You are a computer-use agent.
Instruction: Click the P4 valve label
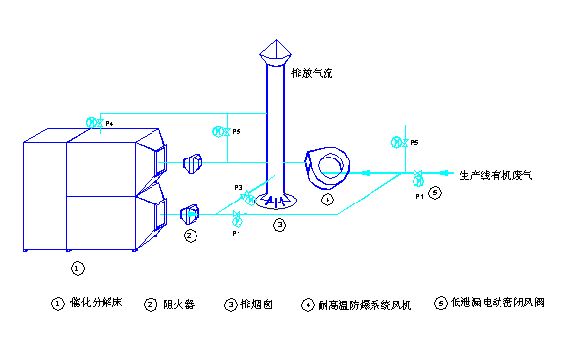[x=109, y=123]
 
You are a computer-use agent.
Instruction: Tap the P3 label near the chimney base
[x=238, y=186]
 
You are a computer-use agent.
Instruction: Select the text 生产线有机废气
[x=496, y=176]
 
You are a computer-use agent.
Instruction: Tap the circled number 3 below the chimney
[x=279, y=225]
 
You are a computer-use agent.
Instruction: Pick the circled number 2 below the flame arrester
[x=190, y=236]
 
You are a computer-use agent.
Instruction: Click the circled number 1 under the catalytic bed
[x=78, y=266]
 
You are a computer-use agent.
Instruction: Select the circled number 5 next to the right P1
[x=435, y=193]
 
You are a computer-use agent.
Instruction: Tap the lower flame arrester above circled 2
[x=191, y=211]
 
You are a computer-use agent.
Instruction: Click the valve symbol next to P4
[x=94, y=123]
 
